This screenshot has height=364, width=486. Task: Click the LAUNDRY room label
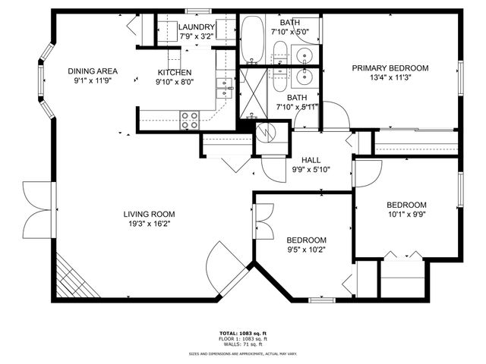coord(196,28)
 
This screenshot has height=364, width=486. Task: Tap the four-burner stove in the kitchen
coord(189,119)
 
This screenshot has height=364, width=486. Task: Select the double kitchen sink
coord(223,89)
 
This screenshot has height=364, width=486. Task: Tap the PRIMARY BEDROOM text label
coord(390,68)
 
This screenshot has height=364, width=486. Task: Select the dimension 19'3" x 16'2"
coord(149,224)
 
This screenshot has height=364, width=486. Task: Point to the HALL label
coord(311,160)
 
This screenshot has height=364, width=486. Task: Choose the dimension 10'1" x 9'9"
coord(406,215)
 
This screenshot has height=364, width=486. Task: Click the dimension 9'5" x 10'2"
coord(307,249)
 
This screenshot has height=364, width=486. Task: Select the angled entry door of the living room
coord(226,265)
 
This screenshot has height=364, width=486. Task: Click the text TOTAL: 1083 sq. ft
coord(243,333)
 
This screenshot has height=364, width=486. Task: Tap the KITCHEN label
coord(172,72)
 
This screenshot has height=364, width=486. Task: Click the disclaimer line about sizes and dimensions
coord(243,353)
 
